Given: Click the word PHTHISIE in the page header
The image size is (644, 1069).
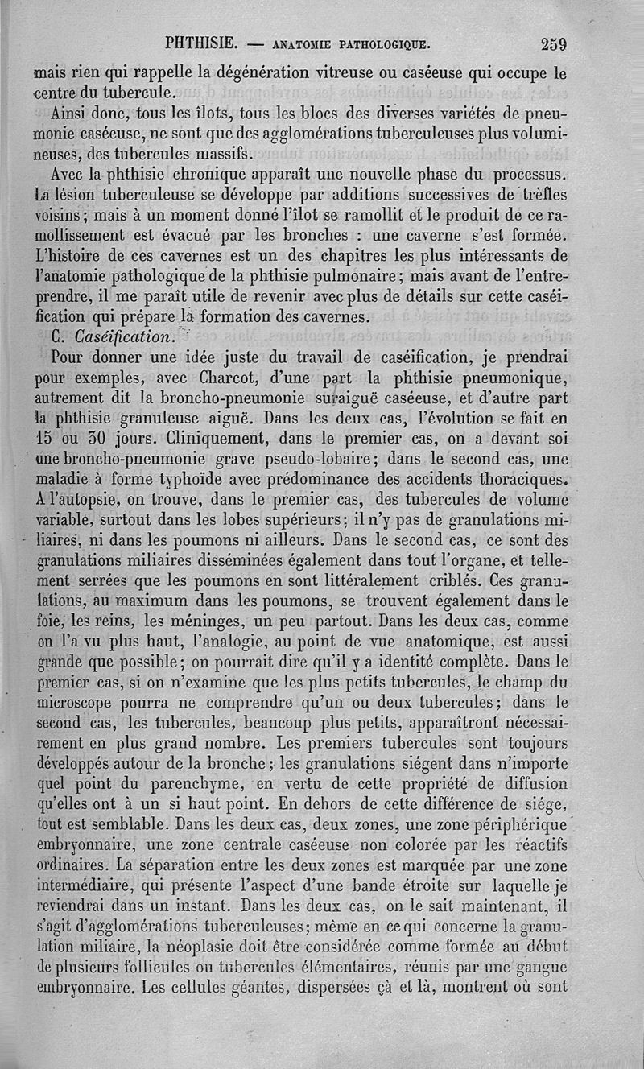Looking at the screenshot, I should coord(200,43).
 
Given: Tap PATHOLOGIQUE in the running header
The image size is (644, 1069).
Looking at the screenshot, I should coord(367,43).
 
